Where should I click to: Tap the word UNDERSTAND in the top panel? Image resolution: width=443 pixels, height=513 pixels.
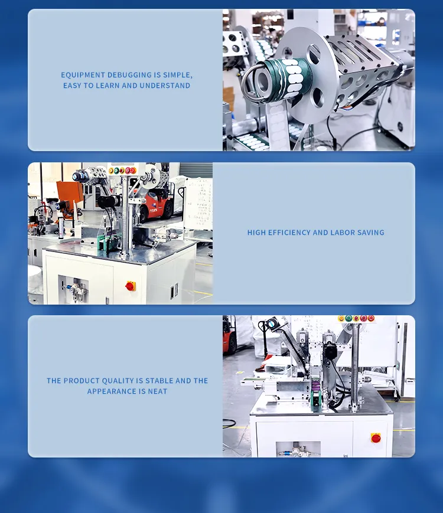tap(165, 86)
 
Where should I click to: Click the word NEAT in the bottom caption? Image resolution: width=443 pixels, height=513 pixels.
tap(158, 391)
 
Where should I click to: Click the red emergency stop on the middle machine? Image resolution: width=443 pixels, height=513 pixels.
tap(130, 286)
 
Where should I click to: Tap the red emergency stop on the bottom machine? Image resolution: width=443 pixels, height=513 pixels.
tap(376, 437)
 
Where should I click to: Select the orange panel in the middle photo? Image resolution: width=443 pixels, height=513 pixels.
tap(69, 192)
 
